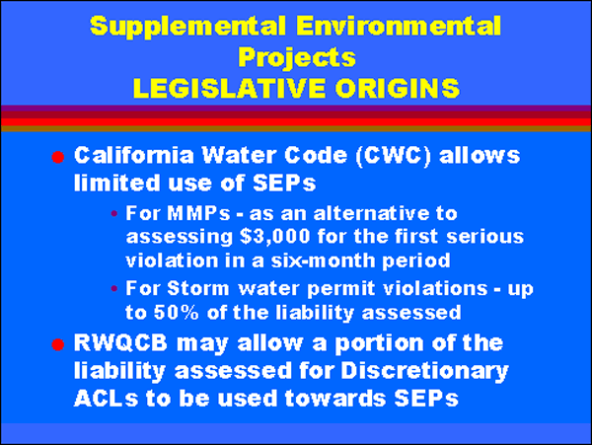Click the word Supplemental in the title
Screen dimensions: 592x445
pyautogui.click(x=187, y=28)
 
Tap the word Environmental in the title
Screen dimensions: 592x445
pyautogui.click(x=399, y=26)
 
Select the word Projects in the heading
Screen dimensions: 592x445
pyautogui.click(x=297, y=58)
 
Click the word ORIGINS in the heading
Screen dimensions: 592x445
pyautogui.click(x=398, y=88)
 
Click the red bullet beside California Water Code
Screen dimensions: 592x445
pyautogui.click(x=58, y=157)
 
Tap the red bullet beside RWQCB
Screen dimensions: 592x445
pyautogui.click(x=58, y=344)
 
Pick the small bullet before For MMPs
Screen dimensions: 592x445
pyautogui.click(x=114, y=214)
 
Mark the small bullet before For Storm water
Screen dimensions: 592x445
pyautogui.click(x=114, y=289)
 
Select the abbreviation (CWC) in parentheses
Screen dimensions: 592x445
pyautogui.click(x=393, y=156)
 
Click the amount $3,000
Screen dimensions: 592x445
pyautogui.click(x=275, y=237)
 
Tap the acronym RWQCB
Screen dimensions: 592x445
pyautogui.click(x=120, y=343)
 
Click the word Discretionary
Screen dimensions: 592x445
pyautogui.click(x=424, y=371)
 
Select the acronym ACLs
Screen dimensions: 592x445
pyautogui.click(x=107, y=398)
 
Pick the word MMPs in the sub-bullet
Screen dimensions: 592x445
pyautogui.click(x=198, y=213)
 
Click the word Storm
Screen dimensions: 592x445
pyautogui.click(x=198, y=288)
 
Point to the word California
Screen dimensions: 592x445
pyautogui.click(x=134, y=155)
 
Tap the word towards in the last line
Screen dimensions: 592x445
pyautogui.click(x=334, y=398)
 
